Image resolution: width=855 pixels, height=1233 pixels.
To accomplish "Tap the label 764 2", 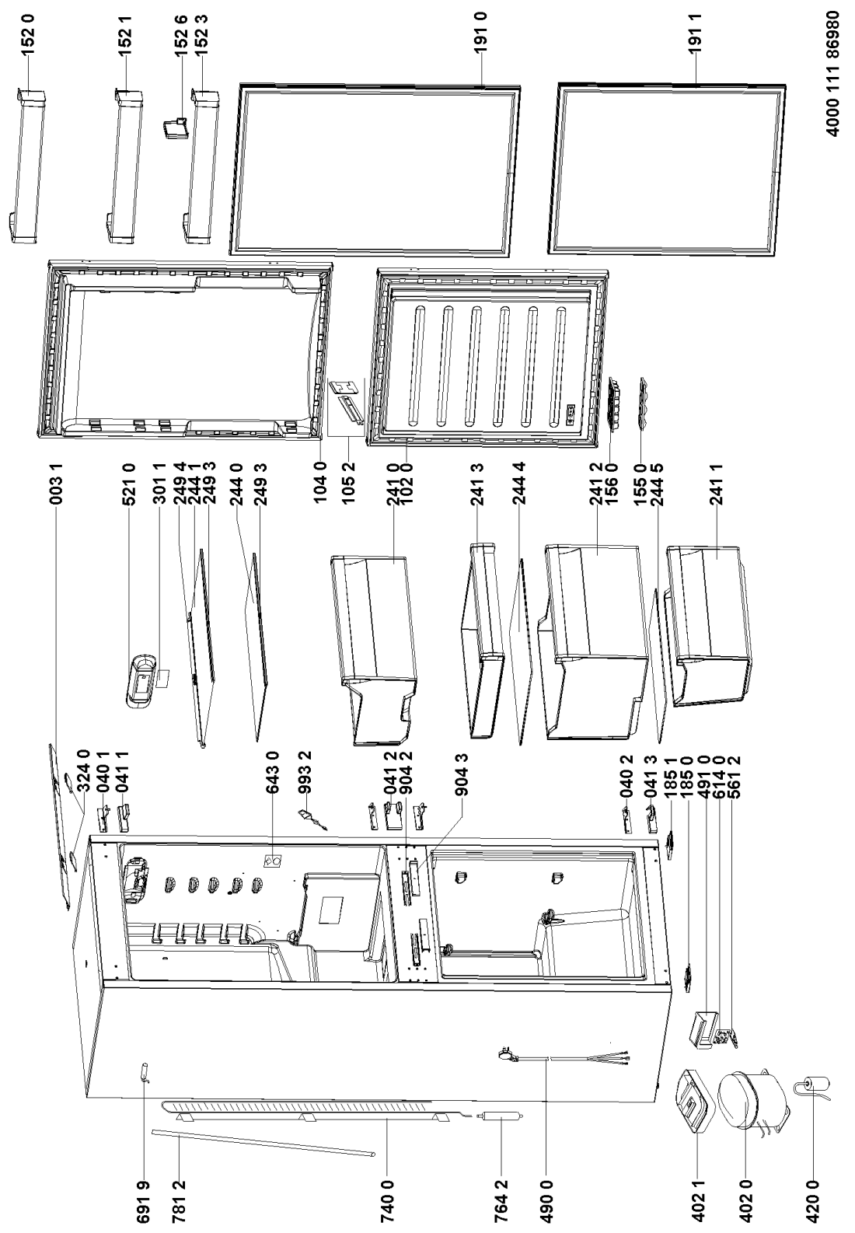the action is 501,1199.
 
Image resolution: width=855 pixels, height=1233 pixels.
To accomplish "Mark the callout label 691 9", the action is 144,1199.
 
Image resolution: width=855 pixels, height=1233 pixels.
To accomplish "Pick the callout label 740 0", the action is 389,1199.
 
